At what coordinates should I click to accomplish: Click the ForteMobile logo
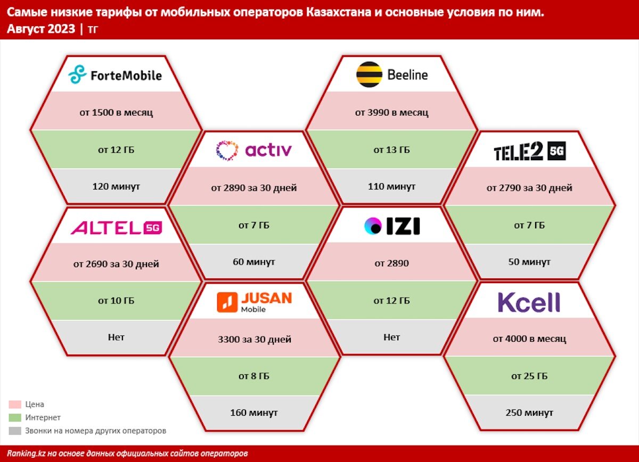[x=115, y=75]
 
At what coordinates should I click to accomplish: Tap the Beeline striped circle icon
[x=369, y=75]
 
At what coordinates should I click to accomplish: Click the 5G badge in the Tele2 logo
[x=556, y=152]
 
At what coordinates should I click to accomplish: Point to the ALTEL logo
[x=116, y=228]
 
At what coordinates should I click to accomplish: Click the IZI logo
[x=392, y=226]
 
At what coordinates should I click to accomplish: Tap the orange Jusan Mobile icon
[x=227, y=302]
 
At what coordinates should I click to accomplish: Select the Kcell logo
[x=529, y=302]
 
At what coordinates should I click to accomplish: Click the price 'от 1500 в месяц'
[x=115, y=112]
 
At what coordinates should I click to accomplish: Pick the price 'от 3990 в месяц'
[x=391, y=112]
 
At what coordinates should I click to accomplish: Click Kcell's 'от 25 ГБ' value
[x=529, y=376]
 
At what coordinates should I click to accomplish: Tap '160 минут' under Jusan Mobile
[x=253, y=412]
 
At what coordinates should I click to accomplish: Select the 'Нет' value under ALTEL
[x=116, y=337]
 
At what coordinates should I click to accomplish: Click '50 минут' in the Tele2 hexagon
[x=529, y=262]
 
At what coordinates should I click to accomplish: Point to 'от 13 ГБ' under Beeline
[x=391, y=150]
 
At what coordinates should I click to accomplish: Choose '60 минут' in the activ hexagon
[x=253, y=262]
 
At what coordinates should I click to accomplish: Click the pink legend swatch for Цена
[x=15, y=405]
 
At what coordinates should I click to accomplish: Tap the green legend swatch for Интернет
[x=15, y=418]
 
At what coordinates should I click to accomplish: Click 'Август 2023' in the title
[x=41, y=29]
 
